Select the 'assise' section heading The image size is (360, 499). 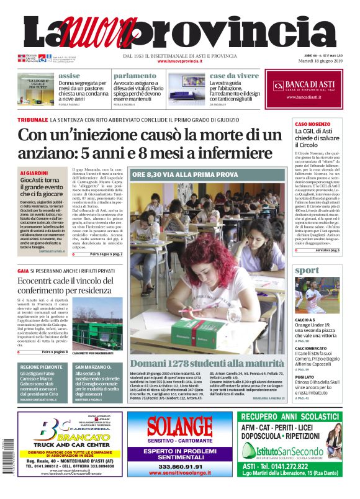69,76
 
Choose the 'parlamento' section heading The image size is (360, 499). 134,76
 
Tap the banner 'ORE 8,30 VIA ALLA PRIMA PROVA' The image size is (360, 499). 184,174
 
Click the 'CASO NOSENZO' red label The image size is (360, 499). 312,125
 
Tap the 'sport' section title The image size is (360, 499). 307,271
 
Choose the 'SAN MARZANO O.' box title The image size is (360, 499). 93,367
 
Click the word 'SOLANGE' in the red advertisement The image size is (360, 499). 179,427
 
